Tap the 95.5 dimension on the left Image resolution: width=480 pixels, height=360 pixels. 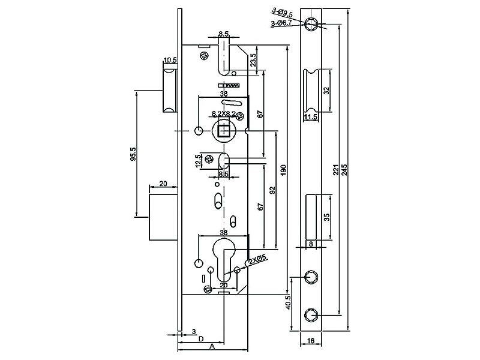pyautogui.click(x=133, y=155)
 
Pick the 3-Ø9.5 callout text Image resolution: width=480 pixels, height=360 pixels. pyautogui.click(x=281, y=11)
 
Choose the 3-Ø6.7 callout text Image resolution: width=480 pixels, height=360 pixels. pyautogui.click(x=281, y=23)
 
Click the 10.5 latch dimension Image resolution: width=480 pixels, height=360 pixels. pyautogui.click(x=170, y=60)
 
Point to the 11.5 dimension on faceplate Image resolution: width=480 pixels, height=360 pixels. pyautogui.click(x=310, y=117)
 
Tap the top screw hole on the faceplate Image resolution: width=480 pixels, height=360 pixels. pyautogui.click(x=311, y=23)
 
